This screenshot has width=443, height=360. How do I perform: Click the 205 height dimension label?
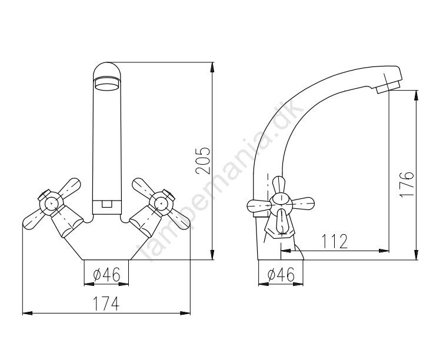pos(204,160)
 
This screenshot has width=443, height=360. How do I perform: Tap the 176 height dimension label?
pos(407,184)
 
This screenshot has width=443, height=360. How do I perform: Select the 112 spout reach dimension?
pos(335,241)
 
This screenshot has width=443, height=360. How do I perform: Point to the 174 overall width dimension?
pos(106,304)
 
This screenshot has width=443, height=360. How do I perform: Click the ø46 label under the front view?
pos(107,274)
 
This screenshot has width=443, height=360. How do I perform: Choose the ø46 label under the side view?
pos(281,274)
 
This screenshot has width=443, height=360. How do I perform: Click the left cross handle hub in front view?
pos(51,202)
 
